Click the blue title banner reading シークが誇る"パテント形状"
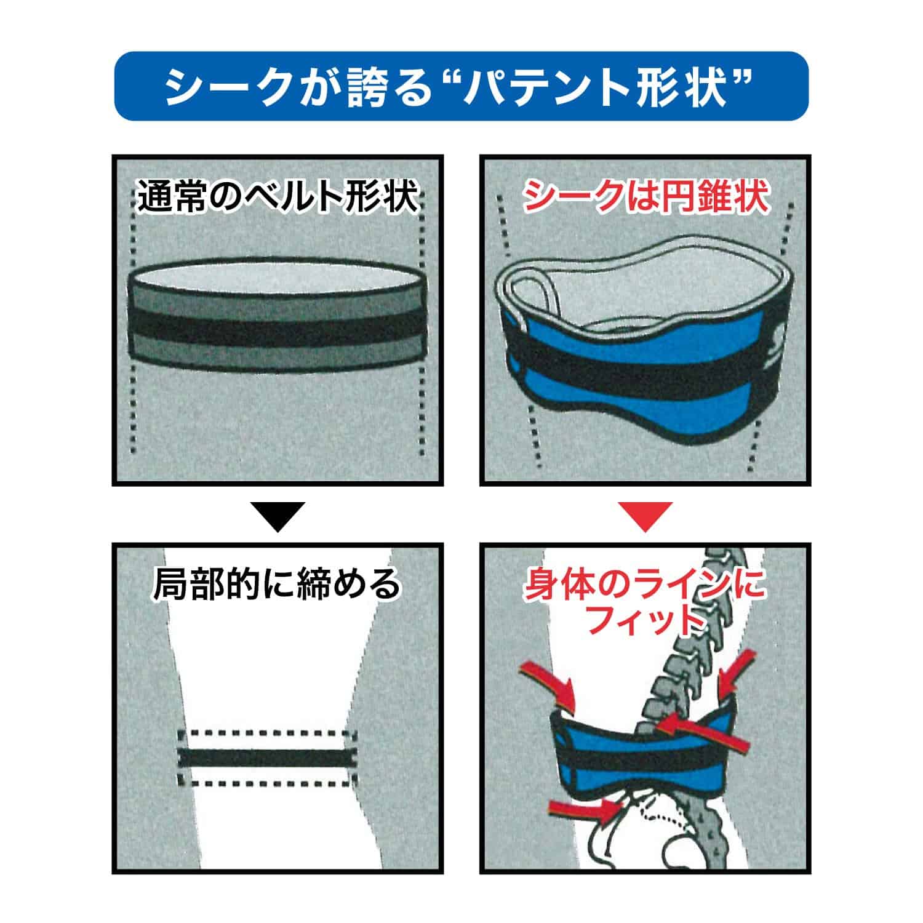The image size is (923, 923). click(x=461, y=86)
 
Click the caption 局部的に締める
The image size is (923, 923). click(x=277, y=583)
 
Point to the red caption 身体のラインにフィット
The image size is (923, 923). click(x=645, y=602)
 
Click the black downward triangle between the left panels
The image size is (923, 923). click(x=278, y=516)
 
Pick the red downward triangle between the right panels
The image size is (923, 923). click(x=645, y=516)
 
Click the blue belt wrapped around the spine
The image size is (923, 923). click(x=640, y=754)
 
